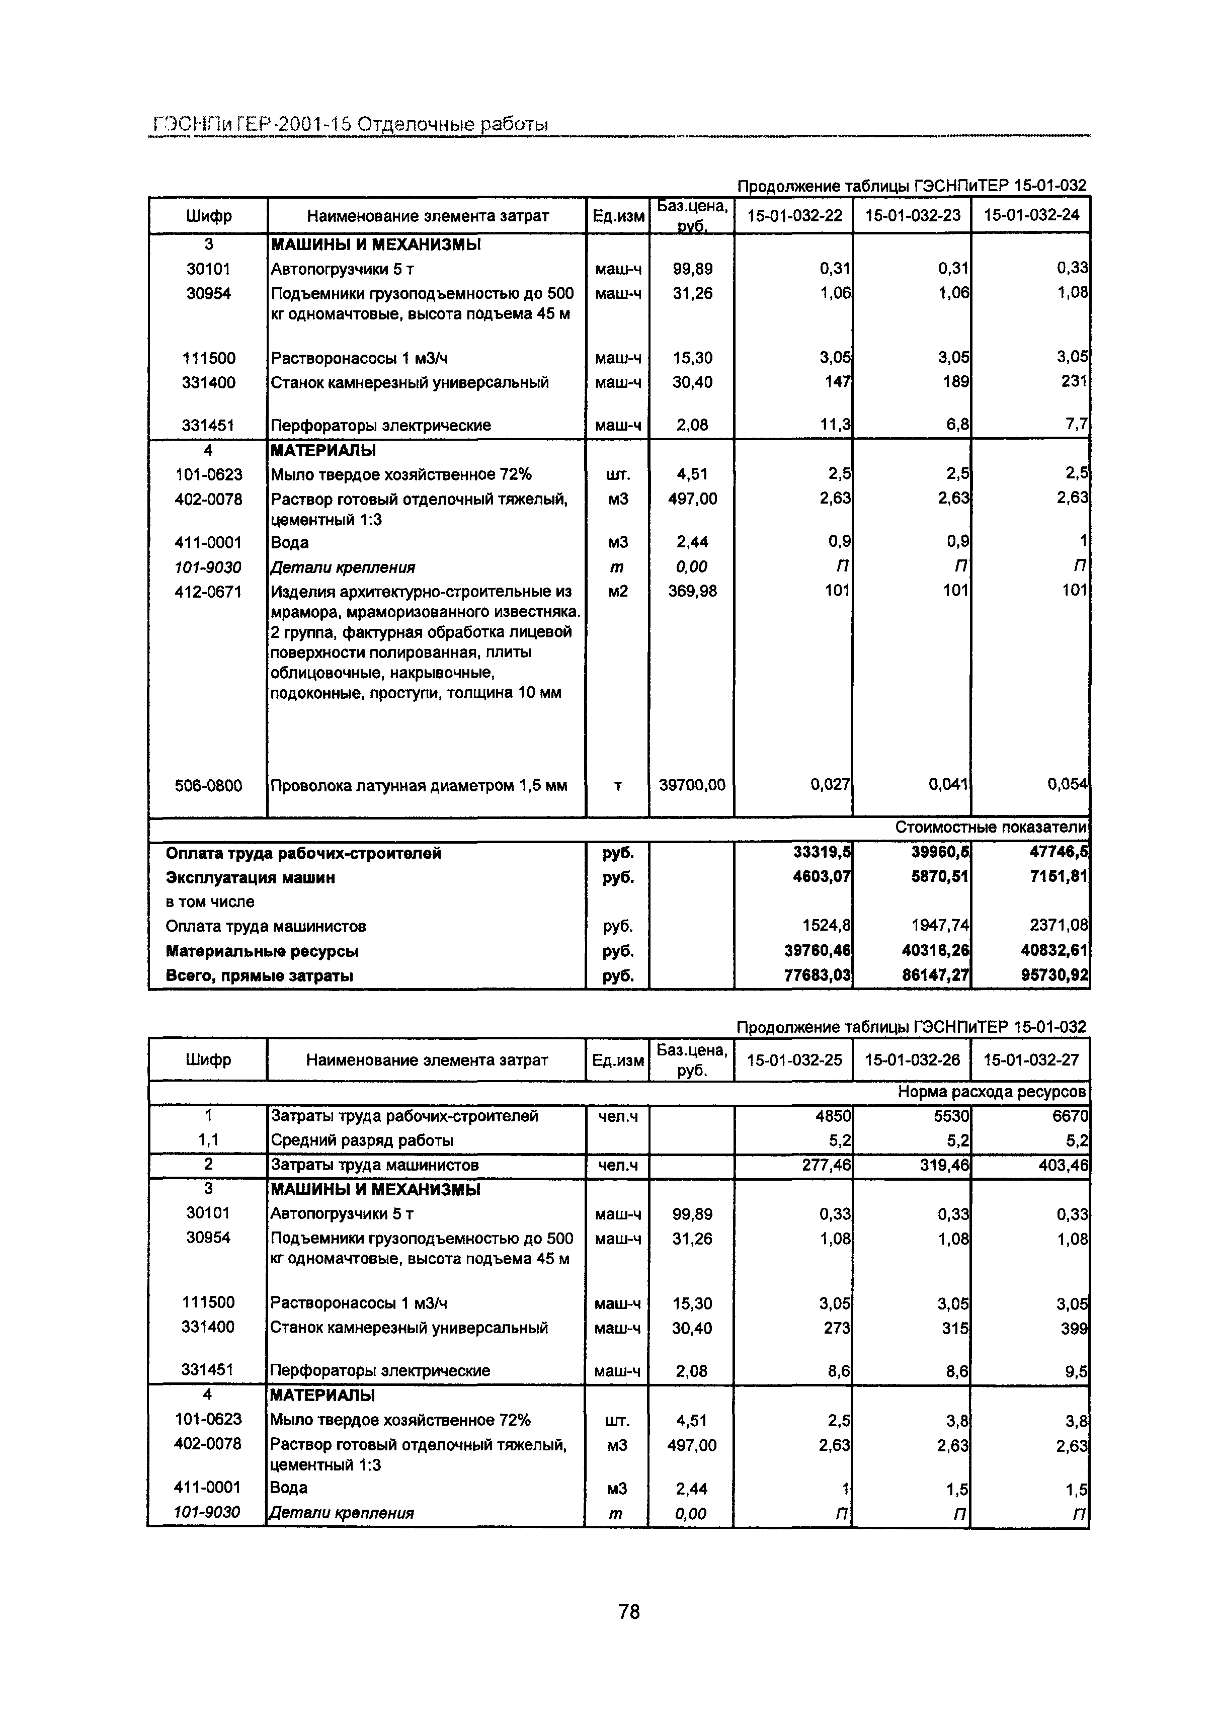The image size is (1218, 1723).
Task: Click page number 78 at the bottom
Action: tap(629, 1611)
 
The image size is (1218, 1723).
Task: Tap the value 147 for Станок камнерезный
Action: tap(837, 382)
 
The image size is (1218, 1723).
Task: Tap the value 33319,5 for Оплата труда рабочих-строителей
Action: tap(822, 853)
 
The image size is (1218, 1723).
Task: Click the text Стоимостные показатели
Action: tap(990, 828)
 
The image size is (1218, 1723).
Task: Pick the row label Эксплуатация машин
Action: tap(250, 877)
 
